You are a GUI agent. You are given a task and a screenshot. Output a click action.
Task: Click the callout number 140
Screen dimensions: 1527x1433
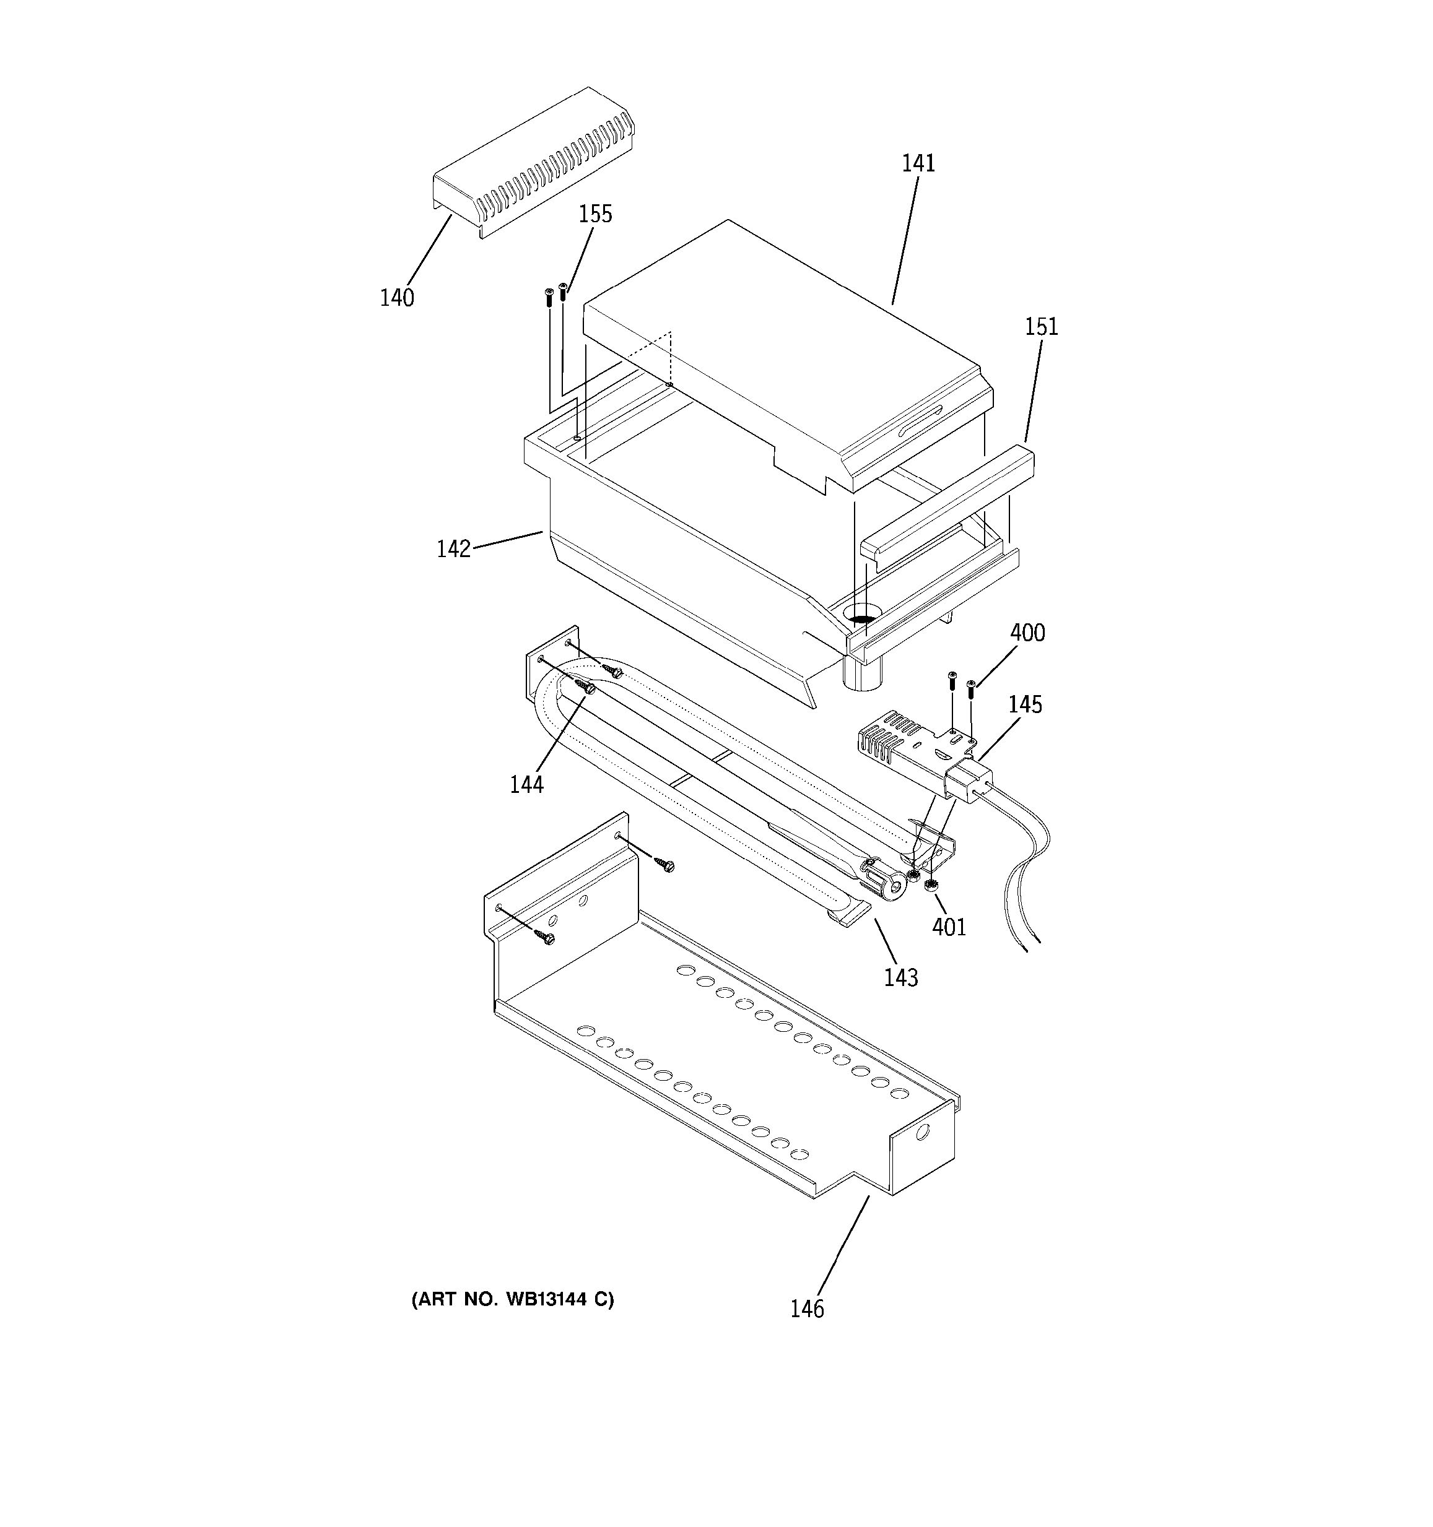396,297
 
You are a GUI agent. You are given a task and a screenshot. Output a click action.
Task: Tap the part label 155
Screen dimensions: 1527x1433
596,214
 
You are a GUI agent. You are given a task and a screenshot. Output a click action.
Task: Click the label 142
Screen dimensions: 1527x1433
453,549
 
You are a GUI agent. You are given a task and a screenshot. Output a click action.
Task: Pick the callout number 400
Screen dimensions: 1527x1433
1027,633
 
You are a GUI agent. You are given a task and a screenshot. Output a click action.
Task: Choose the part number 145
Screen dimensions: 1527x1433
1025,704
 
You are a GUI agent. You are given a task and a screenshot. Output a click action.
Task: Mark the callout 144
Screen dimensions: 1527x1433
526,784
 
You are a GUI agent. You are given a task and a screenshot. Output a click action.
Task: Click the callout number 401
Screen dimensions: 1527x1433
949,927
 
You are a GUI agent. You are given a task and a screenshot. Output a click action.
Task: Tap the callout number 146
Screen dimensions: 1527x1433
807,1309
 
